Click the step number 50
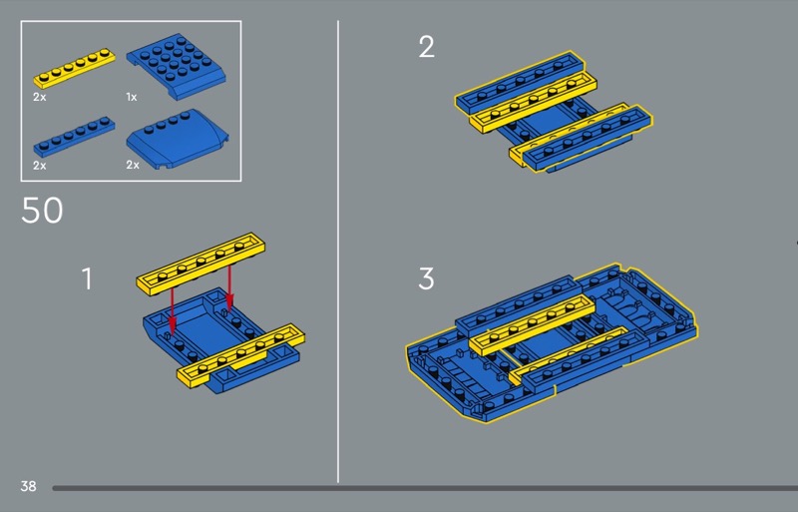(x=42, y=210)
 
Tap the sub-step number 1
(x=88, y=278)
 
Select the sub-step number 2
(x=427, y=46)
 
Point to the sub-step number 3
(x=427, y=278)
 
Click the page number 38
(x=29, y=486)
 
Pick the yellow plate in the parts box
(x=74, y=68)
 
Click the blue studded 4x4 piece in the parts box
(x=177, y=66)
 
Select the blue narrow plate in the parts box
(x=74, y=137)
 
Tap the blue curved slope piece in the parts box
(x=178, y=139)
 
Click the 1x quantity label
(x=132, y=97)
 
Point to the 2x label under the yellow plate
(x=40, y=97)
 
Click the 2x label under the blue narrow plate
(x=40, y=165)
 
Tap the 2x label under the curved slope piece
(x=133, y=165)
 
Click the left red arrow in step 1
(x=172, y=310)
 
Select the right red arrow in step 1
(x=229, y=287)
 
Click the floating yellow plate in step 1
(x=201, y=263)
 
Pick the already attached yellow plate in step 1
(x=240, y=355)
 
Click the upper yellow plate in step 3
(x=532, y=325)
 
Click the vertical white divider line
(x=338, y=252)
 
